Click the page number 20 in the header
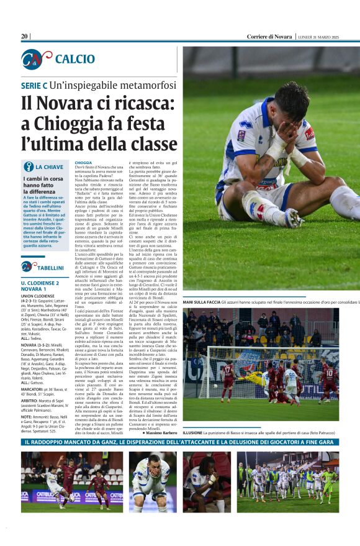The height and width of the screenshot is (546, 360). click(24, 37)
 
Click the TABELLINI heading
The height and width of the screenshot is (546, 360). click(50, 268)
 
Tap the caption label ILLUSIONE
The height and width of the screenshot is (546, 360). click(192, 432)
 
